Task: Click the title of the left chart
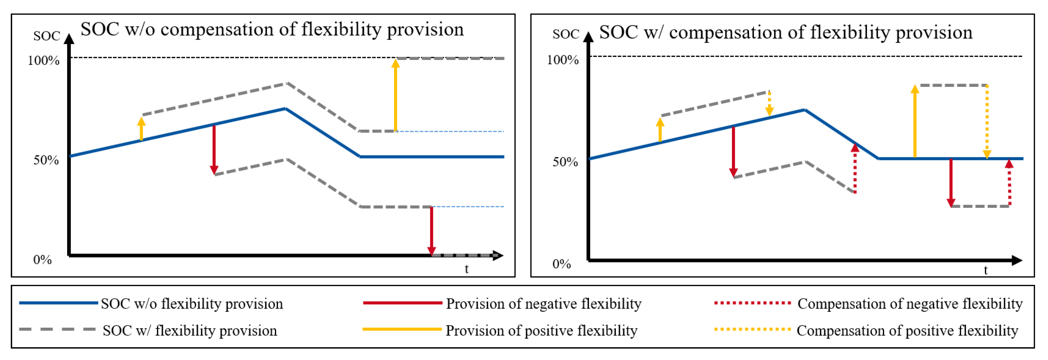tap(272, 29)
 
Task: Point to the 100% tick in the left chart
tap(43, 61)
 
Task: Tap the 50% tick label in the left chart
tap(46, 160)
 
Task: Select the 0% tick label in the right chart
tap(561, 264)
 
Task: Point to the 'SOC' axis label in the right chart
tap(566, 34)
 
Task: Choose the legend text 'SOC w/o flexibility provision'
tap(191, 304)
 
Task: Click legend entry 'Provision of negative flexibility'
tap(544, 304)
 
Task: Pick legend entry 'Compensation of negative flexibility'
tap(910, 304)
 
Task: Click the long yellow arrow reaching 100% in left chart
tap(395, 96)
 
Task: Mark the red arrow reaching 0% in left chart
tap(432, 230)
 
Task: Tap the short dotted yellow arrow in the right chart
tap(769, 103)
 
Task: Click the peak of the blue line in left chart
tap(286, 109)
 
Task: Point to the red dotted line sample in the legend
tap(753, 303)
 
